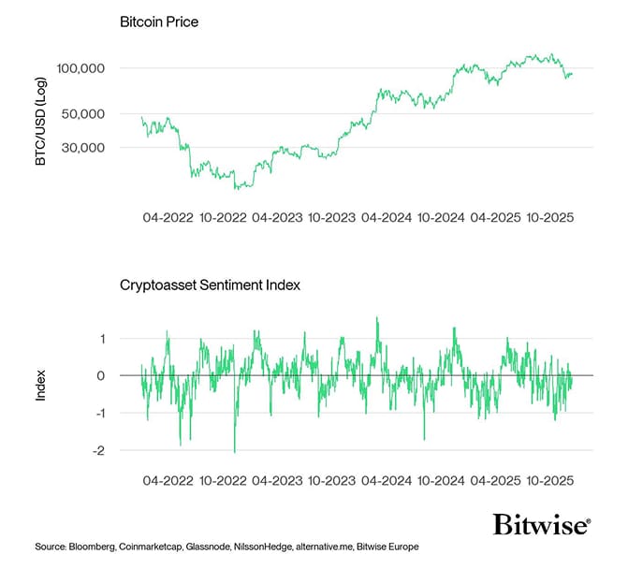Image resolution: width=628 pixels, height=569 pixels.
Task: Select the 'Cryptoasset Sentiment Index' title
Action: [x=211, y=285]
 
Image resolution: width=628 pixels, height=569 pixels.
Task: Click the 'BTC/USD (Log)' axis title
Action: [x=40, y=122]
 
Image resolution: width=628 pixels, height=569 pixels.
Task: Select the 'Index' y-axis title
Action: [x=40, y=387]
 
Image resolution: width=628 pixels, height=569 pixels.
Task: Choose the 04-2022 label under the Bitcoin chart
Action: [x=168, y=217]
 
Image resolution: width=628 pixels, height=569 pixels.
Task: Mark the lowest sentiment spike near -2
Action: [x=235, y=451]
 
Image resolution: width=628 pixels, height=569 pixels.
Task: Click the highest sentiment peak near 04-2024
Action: [x=377, y=318]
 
